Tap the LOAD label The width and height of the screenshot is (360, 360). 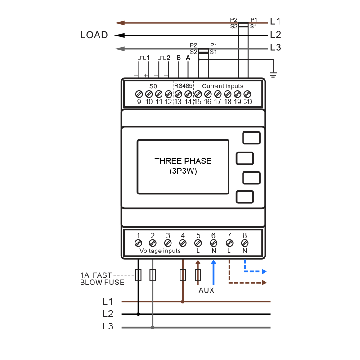94,35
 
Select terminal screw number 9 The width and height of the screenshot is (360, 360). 139,94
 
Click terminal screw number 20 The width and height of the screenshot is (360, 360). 247,94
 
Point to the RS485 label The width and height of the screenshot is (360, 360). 183,86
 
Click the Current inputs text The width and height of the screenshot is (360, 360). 222,86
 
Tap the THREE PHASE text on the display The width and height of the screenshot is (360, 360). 183,161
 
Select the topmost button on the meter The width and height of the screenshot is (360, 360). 251,138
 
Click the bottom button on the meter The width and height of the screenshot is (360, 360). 244,197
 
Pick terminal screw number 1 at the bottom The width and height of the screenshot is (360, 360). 138,243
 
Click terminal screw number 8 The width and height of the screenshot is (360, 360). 245,243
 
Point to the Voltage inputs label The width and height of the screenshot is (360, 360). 160,251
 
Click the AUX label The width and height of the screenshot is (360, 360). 207,290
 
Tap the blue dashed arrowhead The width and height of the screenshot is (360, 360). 265,272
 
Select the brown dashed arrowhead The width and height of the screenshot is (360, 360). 265,283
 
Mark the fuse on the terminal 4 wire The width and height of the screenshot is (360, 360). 183,275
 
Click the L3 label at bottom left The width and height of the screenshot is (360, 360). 108,327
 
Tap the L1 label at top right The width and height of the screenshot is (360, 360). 275,21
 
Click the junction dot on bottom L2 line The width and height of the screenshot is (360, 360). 138,314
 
